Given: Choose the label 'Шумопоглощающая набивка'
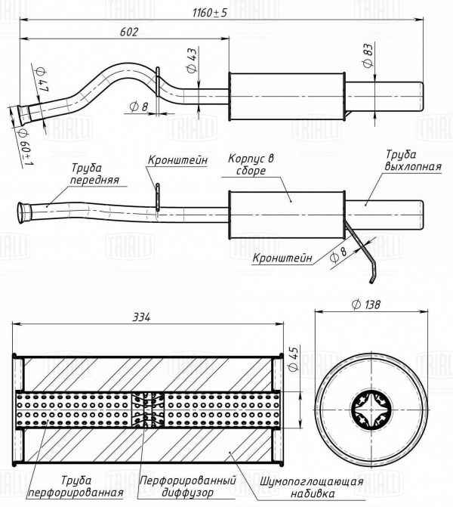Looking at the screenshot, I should [312, 487].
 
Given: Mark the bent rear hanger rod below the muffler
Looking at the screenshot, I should [365, 253].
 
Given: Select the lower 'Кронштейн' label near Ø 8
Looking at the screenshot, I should [282, 258].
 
